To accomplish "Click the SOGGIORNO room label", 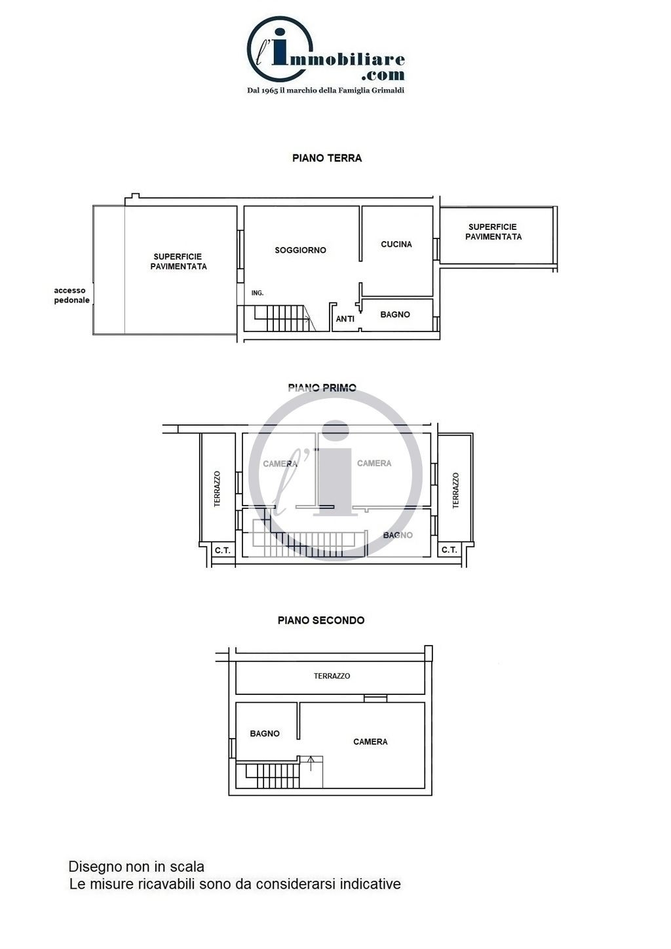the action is coord(300,250).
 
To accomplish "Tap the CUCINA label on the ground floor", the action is coord(396,244).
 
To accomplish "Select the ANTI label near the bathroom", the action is coord(345,318).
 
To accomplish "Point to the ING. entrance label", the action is coord(258,293).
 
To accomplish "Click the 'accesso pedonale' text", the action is coord(71,295).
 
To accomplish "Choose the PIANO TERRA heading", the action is coord(327,158).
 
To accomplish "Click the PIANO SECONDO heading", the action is coord(321,620).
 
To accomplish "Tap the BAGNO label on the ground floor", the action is coord(395,314).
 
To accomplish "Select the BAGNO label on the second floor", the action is coord(265,734).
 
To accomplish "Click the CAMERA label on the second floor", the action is coord(370,741).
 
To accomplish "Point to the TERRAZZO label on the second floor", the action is coord(332,676).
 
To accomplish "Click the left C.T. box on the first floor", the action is coord(223,550).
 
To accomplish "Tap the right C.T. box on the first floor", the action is coord(450,550).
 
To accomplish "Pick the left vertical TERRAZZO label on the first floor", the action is coord(218,489).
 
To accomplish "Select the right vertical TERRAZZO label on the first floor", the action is coord(455,491).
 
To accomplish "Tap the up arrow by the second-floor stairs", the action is coord(311,763).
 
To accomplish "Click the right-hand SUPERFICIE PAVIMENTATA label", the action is coord(493,232).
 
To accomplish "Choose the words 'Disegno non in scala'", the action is coord(136,866).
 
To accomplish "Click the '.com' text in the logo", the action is coord(383,75).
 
